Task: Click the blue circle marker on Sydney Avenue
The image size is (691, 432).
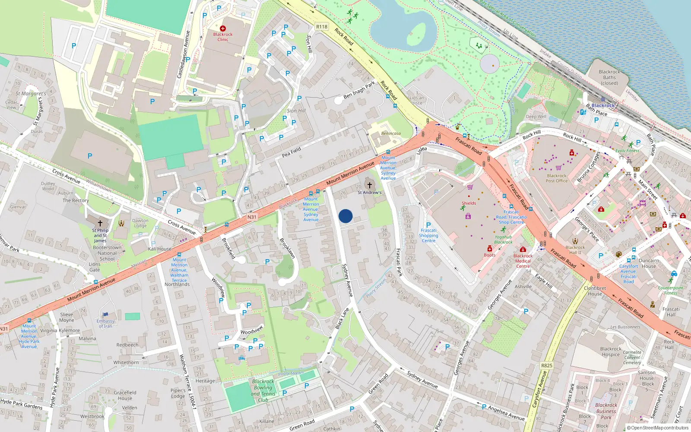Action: pyautogui.click(x=345, y=216)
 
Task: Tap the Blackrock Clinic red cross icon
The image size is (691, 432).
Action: pyautogui.click(x=223, y=29)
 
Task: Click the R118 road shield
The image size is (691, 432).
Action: pyautogui.click(x=322, y=27)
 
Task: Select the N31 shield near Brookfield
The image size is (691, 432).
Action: pyautogui.click(x=252, y=217)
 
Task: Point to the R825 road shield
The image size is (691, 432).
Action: pyautogui.click(x=547, y=365)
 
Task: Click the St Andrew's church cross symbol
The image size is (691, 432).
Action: pyautogui.click(x=370, y=185)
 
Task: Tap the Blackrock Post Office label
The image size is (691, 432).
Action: pyautogui.click(x=557, y=178)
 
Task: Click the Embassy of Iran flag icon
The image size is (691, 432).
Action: pyautogui.click(x=106, y=315)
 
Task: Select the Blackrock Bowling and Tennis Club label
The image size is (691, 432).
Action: pyautogui.click(x=263, y=391)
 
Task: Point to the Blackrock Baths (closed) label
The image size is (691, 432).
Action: pyautogui.click(x=609, y=77)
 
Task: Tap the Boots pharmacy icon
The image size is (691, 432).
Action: pyautogui.click(x=490, y=249)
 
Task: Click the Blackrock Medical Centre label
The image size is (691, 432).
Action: pyautogui.click(x=523, y=261)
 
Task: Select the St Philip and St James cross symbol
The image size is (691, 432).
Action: pyautogui.click(x=100, y=223)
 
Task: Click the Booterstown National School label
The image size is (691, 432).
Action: pyautogui.click(x=107, y=253)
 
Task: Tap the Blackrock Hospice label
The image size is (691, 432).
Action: pyautogui.click(x=611, y=352)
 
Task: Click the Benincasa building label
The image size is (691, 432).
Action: pyautogui.click(x=391, y=133)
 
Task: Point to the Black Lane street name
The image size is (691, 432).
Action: pyautogui.click(x=342, y=319)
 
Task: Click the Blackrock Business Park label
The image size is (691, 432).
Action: pyautogui.click(x=606, y=411)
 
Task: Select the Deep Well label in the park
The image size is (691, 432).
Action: pyautogui.click(x=536, y=117)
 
